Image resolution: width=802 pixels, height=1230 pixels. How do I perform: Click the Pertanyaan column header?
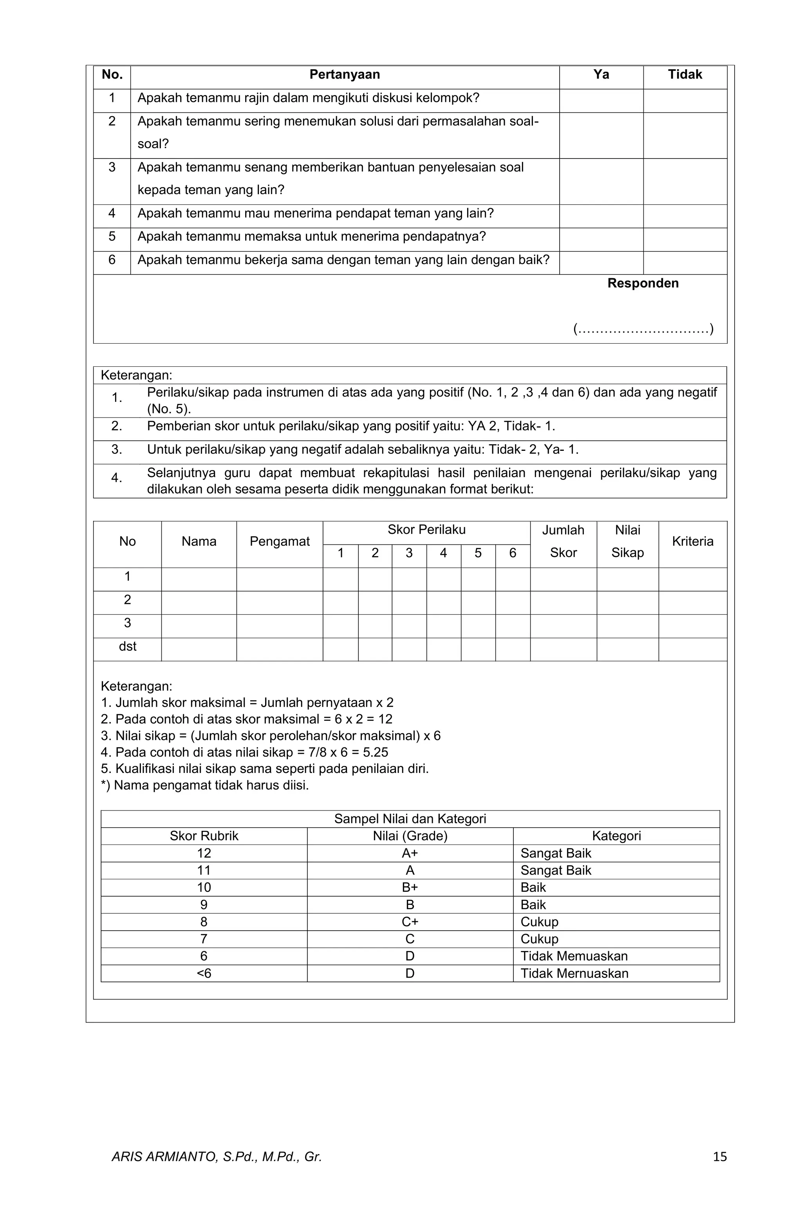click(x=344, y=75)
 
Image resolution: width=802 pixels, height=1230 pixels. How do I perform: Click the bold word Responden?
click(x=643, y=283)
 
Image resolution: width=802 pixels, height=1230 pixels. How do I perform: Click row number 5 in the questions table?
click(x=112, y=237)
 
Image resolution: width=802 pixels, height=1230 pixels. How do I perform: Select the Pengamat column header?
click(x=279, y=541)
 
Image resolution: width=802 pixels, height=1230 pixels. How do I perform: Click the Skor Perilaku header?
click(x=426, y=530)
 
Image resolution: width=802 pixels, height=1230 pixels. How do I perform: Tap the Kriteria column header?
click(x=692, y=541)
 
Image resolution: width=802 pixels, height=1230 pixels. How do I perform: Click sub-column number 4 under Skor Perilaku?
click(x=443, y=553)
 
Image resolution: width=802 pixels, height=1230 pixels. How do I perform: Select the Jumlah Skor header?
click(x=563, y=541)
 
